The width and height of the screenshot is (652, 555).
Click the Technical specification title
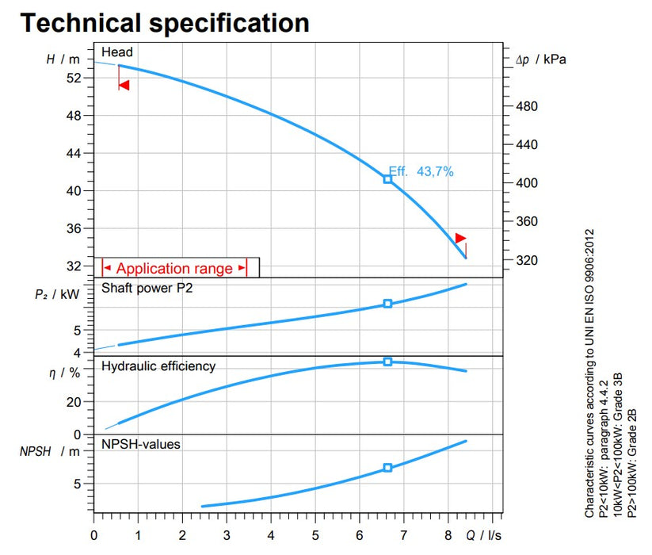pyautogui.click(x=165, y=22)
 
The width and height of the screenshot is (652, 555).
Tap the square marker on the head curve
pyautogui.click(x=387, y=179)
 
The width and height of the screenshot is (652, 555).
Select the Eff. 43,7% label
pyautogui.click(x=421, y=171)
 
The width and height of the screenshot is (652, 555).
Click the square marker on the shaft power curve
pyautogui.click(x=387, y=304)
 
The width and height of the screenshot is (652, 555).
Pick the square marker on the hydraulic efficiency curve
pyautogui.click(x=387, y=362)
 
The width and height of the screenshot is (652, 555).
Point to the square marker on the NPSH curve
pyautogui.click(x=387, y=468)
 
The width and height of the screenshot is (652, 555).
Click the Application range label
pyautogui.click(x=174, y=269)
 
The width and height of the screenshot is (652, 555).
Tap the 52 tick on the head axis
pyautogui.click(x=74, y=78)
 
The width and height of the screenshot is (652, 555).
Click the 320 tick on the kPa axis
pyautogui.click(x=526, y=260)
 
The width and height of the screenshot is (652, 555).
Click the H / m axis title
pyautogui.click(x=64, y=59)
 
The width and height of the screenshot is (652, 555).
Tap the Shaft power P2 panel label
pyautogui.click(x=147, y=289)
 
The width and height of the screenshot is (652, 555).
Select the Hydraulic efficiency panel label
pyautogui.click(x=158, y=366)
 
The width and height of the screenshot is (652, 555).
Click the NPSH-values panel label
pyautogui.click(x=141, y=445)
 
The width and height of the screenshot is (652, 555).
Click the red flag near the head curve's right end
pyautogui.click(x=460, y=238)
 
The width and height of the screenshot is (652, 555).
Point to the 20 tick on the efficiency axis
pyautogui.click(x=74, y=402)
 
